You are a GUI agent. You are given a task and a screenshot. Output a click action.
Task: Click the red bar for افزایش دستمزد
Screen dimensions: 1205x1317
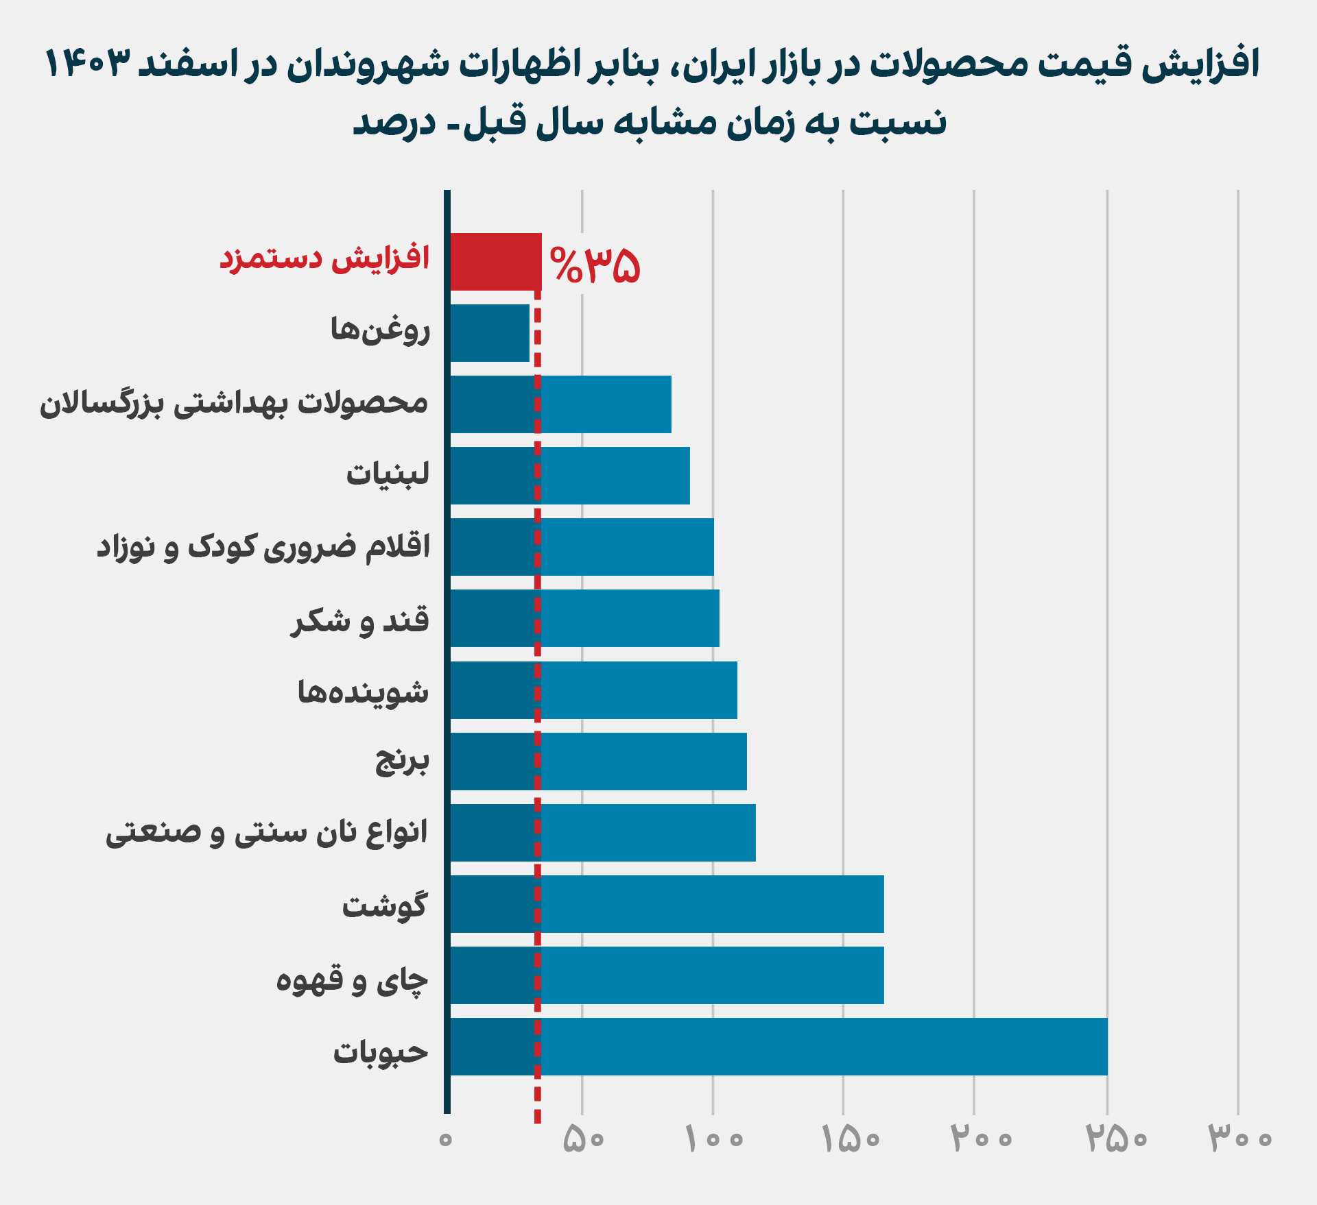coord(495,262)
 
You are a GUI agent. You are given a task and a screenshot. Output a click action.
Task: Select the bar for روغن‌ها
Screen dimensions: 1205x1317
coord(490,333)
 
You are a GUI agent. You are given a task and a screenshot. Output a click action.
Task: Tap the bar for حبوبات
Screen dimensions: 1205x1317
coord(779,1047)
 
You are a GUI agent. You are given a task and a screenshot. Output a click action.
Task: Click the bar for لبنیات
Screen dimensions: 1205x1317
coord(570,476)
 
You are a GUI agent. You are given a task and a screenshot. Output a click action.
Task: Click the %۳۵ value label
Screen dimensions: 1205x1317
coord(595,265)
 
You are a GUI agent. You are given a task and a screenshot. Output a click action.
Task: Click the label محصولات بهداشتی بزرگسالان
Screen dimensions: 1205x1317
coord(234,404)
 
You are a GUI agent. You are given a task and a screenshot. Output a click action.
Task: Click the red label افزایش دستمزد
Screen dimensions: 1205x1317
coord(324,260)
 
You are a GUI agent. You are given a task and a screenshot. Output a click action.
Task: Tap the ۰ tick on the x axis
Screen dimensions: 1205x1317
coord(446,1139)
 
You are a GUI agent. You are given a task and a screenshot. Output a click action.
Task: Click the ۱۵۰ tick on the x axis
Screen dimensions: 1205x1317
coord(850,1139)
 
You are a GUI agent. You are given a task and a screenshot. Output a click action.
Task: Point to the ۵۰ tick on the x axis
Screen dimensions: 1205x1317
coord(583,1139)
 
